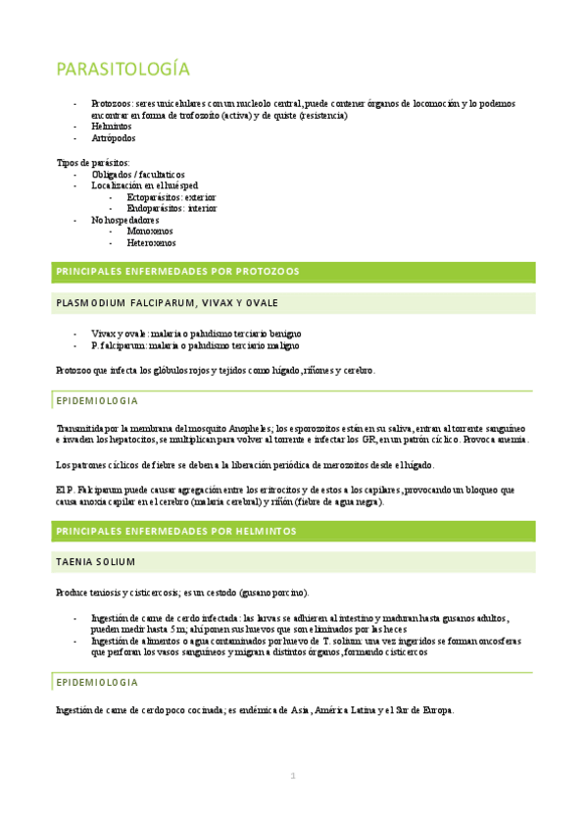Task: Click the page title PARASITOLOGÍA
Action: point(122,70)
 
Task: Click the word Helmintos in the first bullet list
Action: point(113,127)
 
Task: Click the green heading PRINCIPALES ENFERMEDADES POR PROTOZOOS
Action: point(178,271)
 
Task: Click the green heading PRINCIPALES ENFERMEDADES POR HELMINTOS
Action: point(176,531)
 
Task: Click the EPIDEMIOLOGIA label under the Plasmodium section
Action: point(97,400)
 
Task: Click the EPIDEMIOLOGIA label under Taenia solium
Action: point(97,682)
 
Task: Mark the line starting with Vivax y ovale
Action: point(196,334)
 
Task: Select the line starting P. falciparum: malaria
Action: point(196,345)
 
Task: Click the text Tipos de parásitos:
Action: point(93,162)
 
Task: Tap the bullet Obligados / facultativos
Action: point(144,174)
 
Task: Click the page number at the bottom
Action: point(292,776)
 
